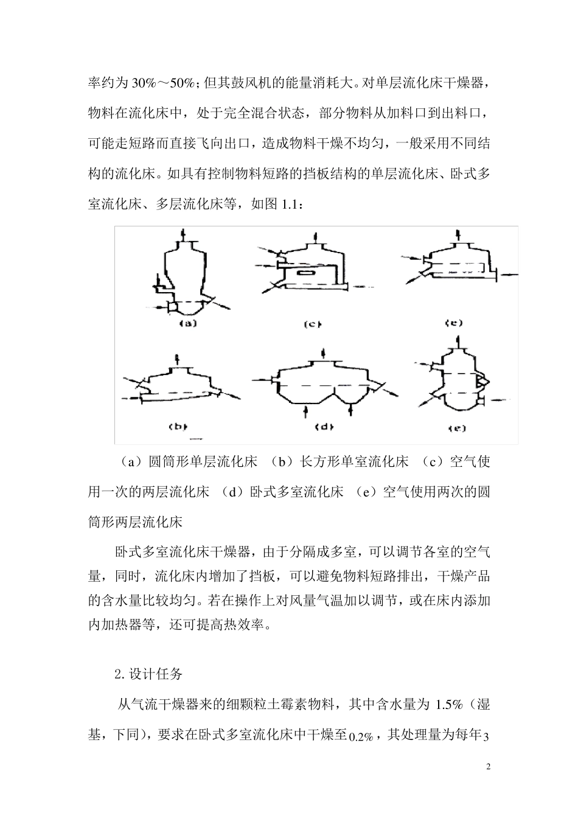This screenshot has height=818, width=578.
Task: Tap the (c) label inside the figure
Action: click(312, 324)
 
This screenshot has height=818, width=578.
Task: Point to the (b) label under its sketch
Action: click(177, 427)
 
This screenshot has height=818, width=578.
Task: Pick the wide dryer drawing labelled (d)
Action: click(326, 384)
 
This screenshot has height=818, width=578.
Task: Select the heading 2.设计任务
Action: click(148, 674)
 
